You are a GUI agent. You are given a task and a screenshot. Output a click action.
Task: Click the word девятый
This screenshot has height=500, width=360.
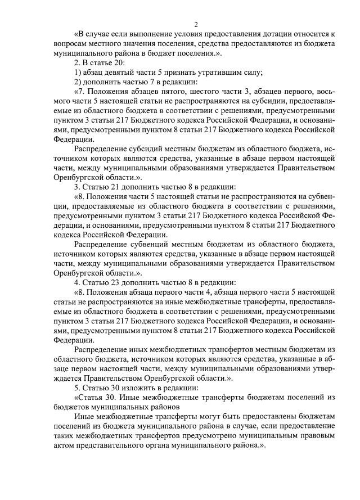120,72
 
